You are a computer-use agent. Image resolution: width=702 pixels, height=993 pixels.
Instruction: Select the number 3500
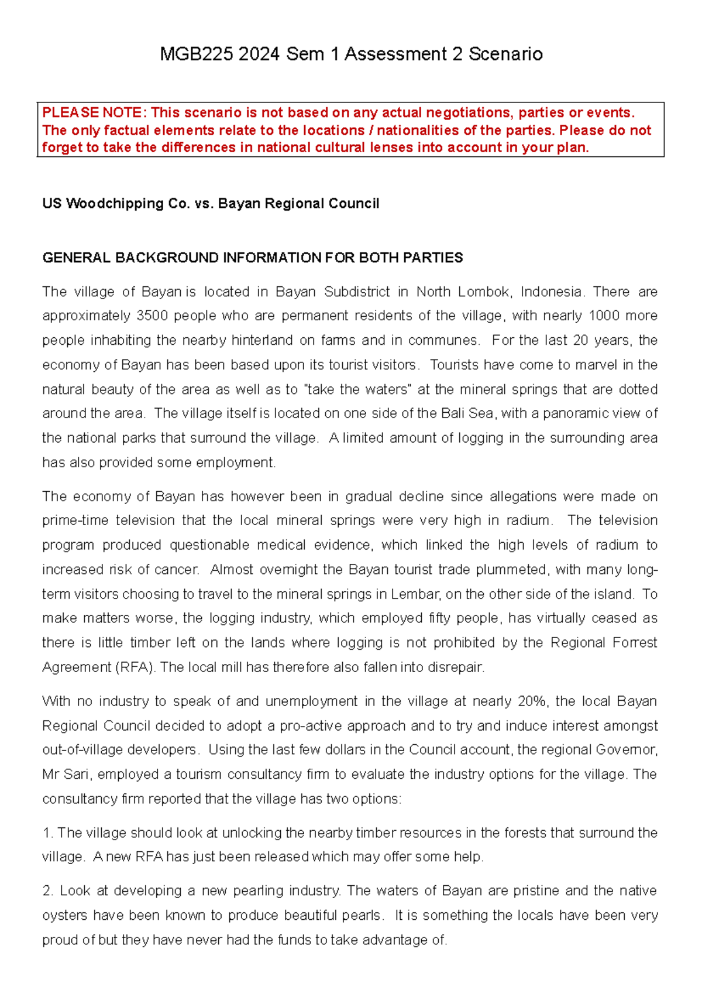[x=152, y=316]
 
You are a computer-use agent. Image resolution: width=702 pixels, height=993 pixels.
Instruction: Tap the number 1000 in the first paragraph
[x=605, y=316]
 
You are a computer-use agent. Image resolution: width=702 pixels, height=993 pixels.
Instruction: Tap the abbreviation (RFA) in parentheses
[x=136, y=667]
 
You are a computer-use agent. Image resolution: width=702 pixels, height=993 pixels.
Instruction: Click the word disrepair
[x=455, y=667]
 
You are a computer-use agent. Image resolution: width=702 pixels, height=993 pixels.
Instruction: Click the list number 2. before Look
[x=48, y=891]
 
